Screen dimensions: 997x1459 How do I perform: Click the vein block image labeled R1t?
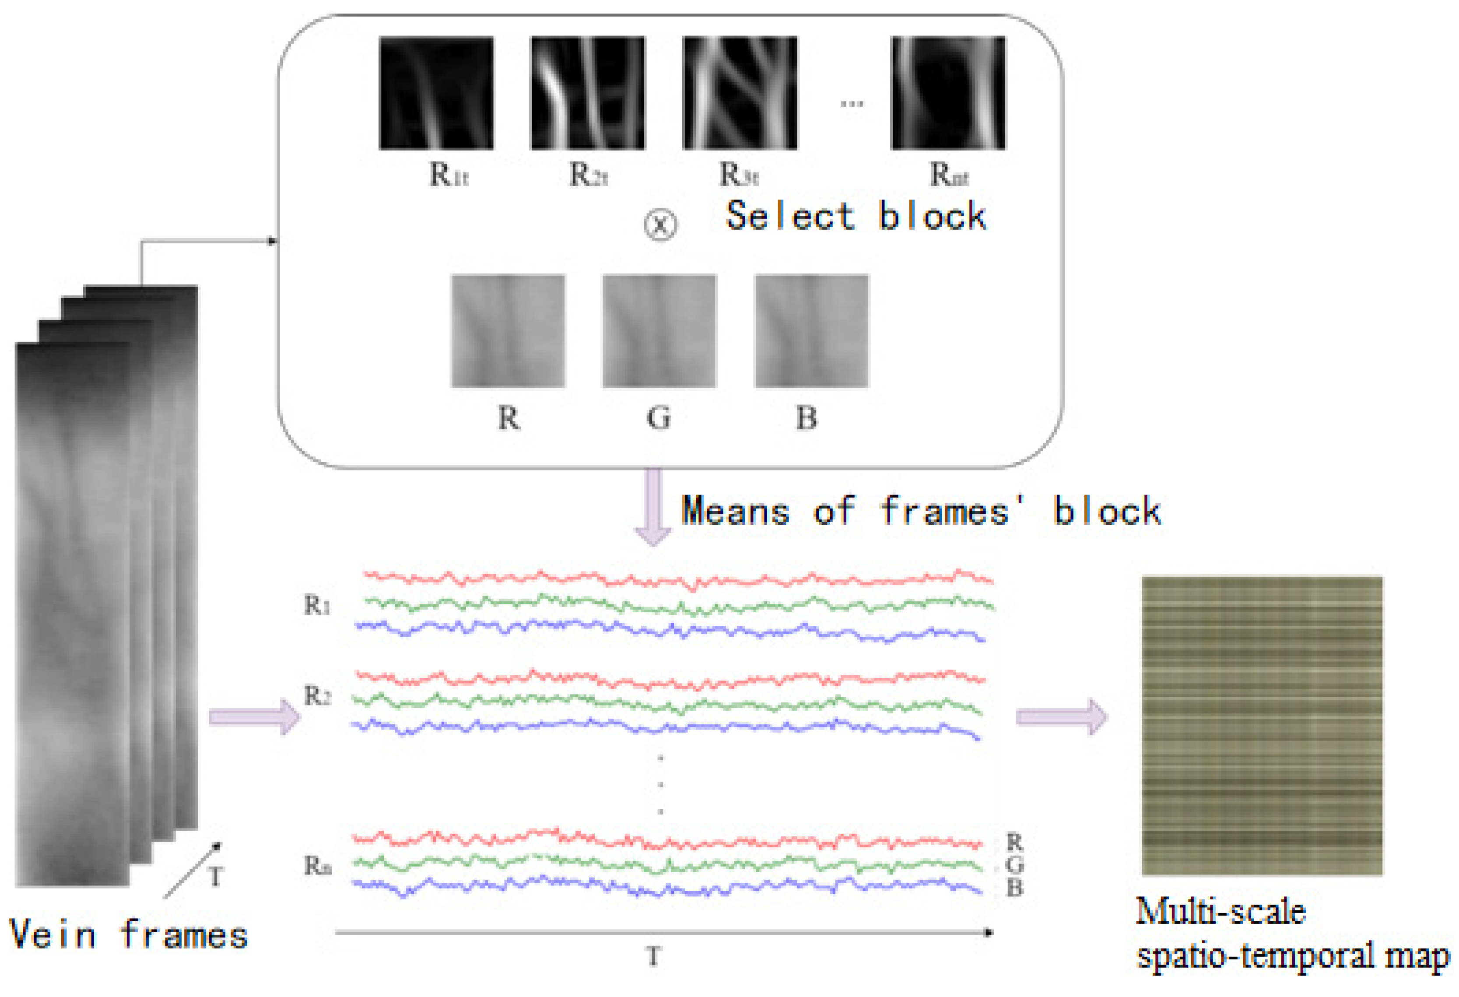pos(436,93)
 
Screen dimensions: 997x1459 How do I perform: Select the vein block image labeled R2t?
pos(588,93)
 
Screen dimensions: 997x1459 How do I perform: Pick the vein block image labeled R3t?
pos(740,93)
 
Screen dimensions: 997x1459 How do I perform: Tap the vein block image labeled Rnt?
pos(948,93)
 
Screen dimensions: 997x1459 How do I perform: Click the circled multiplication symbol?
pos(660,225)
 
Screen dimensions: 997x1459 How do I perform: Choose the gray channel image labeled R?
pos(508,331)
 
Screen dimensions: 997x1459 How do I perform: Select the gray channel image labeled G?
pos(659,331)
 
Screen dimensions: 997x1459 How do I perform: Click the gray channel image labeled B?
pos(811,331)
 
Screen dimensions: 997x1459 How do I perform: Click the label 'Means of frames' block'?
pos(921,510)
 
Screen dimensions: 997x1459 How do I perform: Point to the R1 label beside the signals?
pos(317,606)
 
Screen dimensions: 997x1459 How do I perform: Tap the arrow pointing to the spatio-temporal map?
pos(1061,716)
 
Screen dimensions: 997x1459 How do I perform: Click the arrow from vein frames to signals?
pos(254,716)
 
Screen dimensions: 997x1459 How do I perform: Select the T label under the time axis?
pos(653,957)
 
